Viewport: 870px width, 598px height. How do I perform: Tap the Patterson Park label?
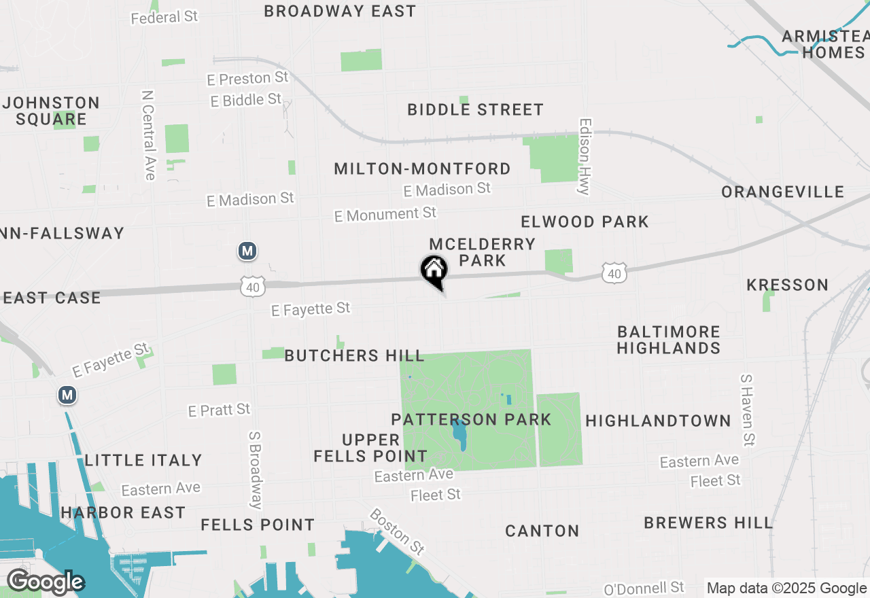tap(471, 419)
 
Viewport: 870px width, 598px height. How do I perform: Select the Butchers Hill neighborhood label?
tap(354, 355)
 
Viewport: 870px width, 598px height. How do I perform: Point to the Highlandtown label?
tap(658, 421)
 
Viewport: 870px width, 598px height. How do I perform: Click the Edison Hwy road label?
tap(583, 157)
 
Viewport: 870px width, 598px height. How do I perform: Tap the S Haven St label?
tap(746, 409)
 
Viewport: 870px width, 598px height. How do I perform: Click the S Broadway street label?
tap(256, 470)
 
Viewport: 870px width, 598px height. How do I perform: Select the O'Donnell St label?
tap(644, 588)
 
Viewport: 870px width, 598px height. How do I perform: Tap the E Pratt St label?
tap(219, 410)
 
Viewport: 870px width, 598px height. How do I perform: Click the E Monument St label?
tap(385, 215)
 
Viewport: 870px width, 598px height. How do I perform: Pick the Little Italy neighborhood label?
tap(143, 460)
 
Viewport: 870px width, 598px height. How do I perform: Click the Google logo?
tap(45, 582)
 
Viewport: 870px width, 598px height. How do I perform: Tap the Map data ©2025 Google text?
tap(786, 588)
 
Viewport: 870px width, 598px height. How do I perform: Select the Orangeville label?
tap(782, 192)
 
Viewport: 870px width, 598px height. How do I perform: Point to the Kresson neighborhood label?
tap(787, 285)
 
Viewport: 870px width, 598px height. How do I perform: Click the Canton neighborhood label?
tap(542, 531)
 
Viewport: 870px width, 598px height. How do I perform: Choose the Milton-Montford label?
tap(422, 169)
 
